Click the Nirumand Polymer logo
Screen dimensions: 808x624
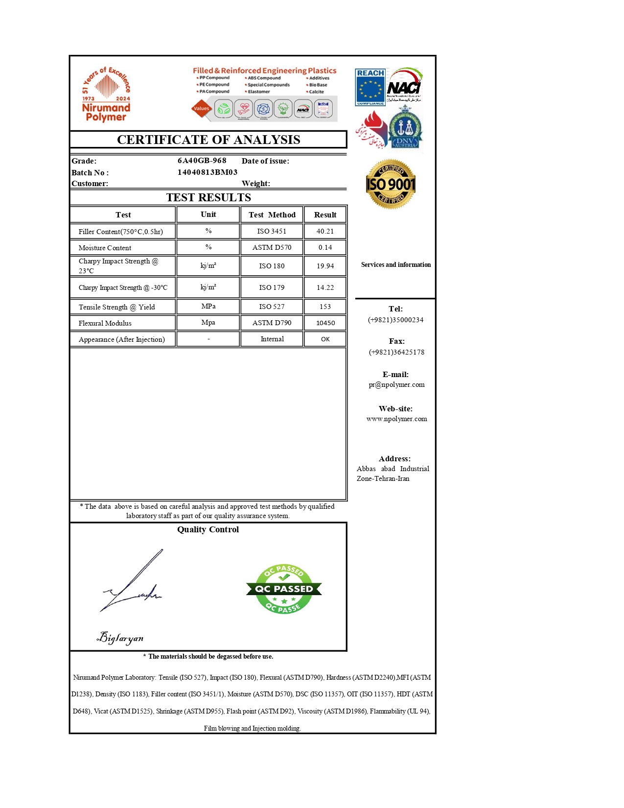[106, 94]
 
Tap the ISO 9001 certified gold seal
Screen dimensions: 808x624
[391, 184]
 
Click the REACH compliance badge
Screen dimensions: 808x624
[370, 87]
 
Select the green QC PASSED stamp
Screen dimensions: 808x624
[284, 589]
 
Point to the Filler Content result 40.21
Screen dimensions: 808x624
[325, 231]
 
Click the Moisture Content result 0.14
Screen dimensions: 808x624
[325, 247]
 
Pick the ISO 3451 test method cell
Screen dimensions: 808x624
[272, 231]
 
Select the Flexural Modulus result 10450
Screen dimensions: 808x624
[325, 323]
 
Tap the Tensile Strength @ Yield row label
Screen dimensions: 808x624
[116, 307]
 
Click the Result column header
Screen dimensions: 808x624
[325, 214]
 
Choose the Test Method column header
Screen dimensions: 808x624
[272, 214]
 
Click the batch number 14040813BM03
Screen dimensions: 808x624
[207, 172]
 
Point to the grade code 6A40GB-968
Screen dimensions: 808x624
[202, 161]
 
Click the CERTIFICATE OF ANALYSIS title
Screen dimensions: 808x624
[208, 140]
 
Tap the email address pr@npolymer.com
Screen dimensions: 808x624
[396, 384]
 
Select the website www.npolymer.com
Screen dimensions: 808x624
[396, 419]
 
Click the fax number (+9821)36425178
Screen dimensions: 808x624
[396, 352]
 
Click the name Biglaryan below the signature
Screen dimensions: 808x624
[120, 638]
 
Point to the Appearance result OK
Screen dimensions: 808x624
[325, 339]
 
